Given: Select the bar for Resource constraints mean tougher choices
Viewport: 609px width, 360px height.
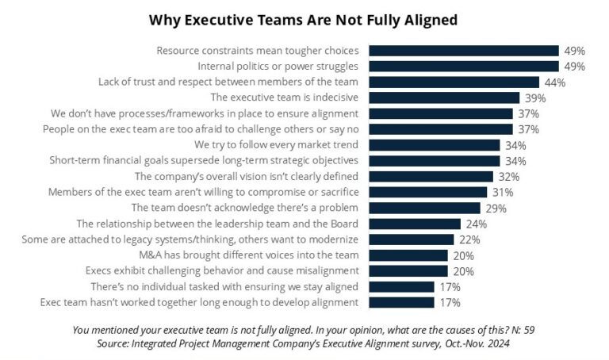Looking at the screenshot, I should point(464,51).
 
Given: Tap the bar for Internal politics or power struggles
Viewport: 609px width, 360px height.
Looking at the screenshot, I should point(464,67).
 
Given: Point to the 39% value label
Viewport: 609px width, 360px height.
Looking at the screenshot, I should point(535,98).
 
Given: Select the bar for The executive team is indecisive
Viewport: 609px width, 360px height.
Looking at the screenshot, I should point(444,98).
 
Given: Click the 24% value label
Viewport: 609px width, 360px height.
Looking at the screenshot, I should point(477,224).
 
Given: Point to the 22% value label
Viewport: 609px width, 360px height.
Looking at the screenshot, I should point(470,239).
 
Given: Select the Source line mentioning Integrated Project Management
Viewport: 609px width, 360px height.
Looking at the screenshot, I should point(304,343).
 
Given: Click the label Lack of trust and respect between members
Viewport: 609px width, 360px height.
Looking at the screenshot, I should point(228,82).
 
